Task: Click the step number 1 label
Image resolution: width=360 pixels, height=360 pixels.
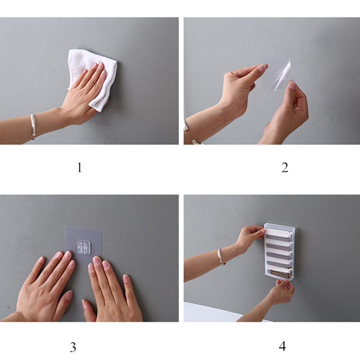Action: tap(79, 167)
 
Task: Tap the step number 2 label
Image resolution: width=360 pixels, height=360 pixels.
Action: tap(285, 167)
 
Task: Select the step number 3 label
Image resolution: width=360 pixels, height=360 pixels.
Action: tap(73, 347)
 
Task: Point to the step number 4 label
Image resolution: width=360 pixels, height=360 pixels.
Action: tap(283, 346)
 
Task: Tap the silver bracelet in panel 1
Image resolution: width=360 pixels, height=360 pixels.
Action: tap(33, 126)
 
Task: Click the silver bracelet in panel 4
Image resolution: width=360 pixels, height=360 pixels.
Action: tap(220, 256)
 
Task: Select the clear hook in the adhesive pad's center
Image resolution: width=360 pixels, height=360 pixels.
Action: tap(83, 247)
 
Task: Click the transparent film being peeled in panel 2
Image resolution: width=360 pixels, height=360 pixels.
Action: tap(279, 75)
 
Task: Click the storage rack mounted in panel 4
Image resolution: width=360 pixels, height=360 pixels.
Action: tap(279, 252)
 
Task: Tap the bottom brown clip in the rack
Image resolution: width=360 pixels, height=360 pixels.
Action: tap(280, 273)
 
